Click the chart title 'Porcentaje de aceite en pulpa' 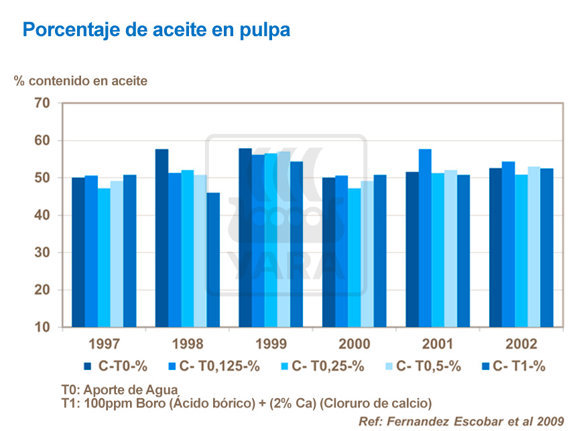coord(156,30)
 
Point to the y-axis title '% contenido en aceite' coord(80,80)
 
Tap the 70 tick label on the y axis coord(42,103)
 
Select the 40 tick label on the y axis coord(42,215)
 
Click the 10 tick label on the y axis coord(42,327)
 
